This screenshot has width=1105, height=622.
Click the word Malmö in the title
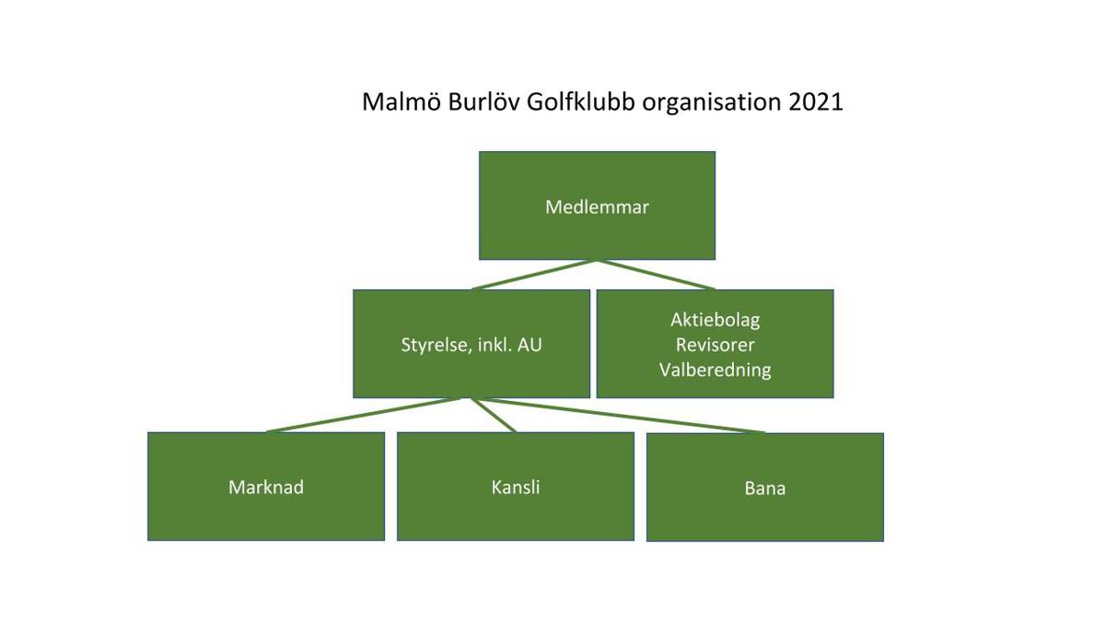pyautogui.click(x=401, y=101)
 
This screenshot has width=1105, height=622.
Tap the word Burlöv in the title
pyautogui.click(x=483, y=101)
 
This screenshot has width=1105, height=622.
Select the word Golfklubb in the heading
pyautogui.click(x=581, y=101)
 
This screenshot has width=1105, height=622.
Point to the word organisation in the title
pyautogui.click(x=711, y=102)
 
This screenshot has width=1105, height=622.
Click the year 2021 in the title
pyautogui.click(x=816, y=101)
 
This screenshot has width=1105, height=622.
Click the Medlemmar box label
pyautogui.click(x=597, y=206)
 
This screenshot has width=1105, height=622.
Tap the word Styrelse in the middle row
pyautogui.click(x=434, y=345)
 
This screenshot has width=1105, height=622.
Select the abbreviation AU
pyautogui.click(x=529, y=345)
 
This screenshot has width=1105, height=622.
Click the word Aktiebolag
pyautogui.click(x=715, y=321)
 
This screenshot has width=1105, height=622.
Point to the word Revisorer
pyautogui.click(x=715, y=345)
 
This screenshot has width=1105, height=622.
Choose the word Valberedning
pyautogui.click(x=715, y=370)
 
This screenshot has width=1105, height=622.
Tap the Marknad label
pyautogui.click(x=266, y=487)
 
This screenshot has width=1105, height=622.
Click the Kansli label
pyautogui.click(x=516, y=487)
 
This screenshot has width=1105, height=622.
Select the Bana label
pyautogui.click(x=765, y=488)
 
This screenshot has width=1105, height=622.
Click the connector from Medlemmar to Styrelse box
pyautogui.click(x=534, y=275)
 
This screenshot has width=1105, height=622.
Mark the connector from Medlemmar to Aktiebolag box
pyautogui.click(x=656, y=275)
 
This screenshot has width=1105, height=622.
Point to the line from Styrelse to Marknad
pyautogui.click(x=364, y=415)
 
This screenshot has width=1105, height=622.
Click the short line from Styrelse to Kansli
pyautogui.click(x=493, y=415)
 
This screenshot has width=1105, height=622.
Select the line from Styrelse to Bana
pyautogui.click(x=622, y=416)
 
